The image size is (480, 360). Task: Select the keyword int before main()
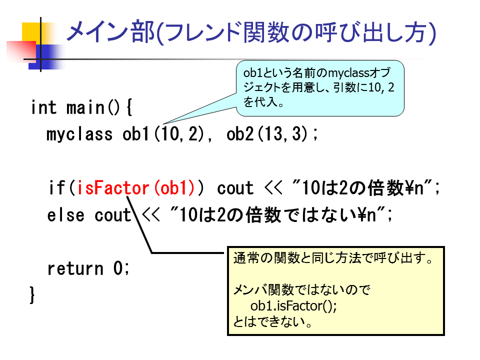point(44,107)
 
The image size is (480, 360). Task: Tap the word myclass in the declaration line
point(79,134)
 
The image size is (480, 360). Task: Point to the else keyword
point(66,215)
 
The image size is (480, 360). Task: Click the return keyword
point(75,268)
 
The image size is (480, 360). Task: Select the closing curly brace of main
point(32,295)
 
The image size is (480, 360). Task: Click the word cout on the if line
point(235,188)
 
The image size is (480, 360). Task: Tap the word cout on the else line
point(112,215)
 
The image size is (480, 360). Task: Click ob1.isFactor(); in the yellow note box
point(293,305)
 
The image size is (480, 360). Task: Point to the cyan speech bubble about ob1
point(320,88)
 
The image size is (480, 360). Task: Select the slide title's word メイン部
point(110,32)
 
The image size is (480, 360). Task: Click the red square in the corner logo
point(21,51)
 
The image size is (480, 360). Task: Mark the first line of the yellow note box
point(333,258)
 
